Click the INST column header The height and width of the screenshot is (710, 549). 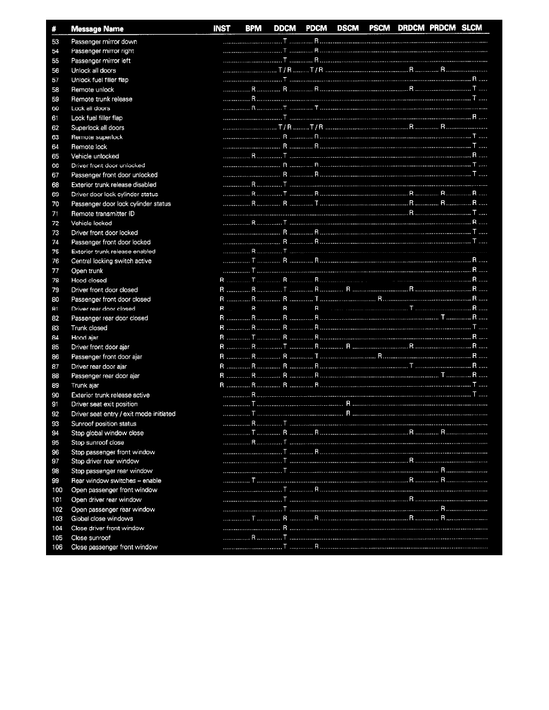(222, 28)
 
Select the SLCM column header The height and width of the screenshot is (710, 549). (472, 28)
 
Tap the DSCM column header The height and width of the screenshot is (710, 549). (347, 28)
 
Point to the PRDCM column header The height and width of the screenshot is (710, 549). (442, 28)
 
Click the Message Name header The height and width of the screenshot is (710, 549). (97, 29)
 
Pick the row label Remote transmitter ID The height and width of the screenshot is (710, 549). (94, 213)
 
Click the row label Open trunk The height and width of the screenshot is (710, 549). (87, 271)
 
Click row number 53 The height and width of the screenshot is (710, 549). (55, 42)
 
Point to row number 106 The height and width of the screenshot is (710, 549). (57, 547)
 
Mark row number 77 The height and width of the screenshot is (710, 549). (55, 271)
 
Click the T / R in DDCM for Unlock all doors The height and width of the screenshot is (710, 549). (285, 71)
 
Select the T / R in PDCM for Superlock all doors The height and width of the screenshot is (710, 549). (316, 127)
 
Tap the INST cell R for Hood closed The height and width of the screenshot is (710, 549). (222, 280)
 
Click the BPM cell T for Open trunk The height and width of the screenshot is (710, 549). (254, 271)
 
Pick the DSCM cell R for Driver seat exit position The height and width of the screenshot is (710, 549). (347, 404)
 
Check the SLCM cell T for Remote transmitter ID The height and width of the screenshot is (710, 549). (474, 213)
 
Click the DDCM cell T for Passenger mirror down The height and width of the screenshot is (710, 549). (285, 42)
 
